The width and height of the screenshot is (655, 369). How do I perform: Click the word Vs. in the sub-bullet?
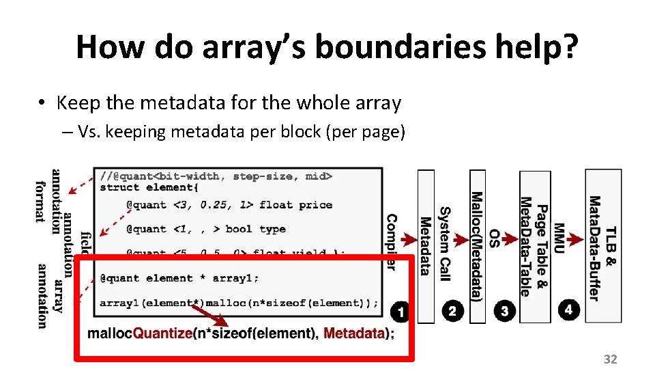click(91, 132)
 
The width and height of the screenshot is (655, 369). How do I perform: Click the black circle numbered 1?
click(401, 312)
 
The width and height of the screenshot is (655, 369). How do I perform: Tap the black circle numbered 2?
click(452, 311)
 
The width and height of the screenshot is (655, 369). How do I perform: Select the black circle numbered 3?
click(504, 311)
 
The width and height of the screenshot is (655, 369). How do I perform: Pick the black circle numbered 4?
click(569, 310)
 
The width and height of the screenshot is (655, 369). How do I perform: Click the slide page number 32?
click(610, 359)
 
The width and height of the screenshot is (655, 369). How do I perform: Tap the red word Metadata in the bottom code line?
click(354, 333)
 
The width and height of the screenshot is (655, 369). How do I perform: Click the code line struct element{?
click(148, 187)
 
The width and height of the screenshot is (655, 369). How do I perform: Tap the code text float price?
click(295, 204)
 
